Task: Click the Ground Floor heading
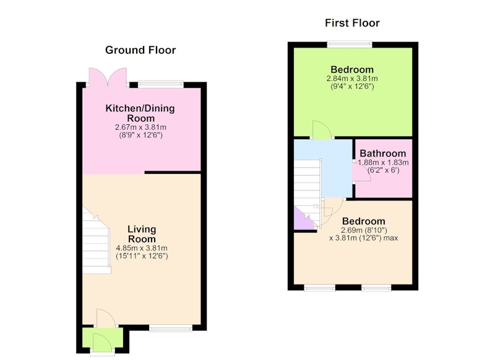(140, 50)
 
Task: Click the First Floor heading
(352, 23)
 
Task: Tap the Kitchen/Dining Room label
(140, 113)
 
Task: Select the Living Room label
(142, 234)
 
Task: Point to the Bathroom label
(383, 153)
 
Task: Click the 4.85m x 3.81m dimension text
(142, 248)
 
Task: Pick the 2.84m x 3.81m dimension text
(352, 78)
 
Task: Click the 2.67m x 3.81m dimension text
(140, 127)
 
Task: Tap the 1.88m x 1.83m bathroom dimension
(383, 163)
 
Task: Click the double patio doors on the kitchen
(108, 77)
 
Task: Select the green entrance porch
(103, 338)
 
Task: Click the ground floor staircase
(97, 241)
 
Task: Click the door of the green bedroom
(322, 129)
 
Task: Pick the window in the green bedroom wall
(350, 45)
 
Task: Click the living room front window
(171, 328)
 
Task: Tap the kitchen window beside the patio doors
(161, 85)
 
